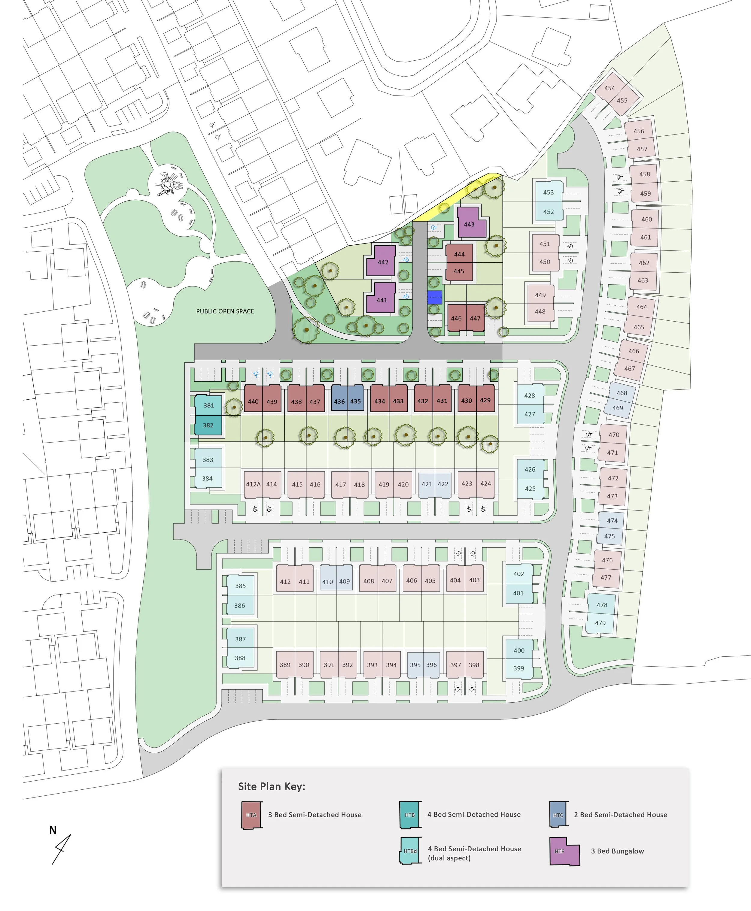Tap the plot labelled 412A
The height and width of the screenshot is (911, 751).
pyautogui.click(x=253, y=484)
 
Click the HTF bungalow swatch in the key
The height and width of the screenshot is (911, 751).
pyautogui.click(x=564, y=851)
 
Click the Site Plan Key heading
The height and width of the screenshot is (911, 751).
pyautogui.click(x=272, y=786)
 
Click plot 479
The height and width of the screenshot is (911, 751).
pyautogui.click(x=600, y=623)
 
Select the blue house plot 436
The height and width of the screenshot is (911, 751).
pyautogui.click(x=339, y=401)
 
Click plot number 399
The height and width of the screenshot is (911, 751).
pyautogui.click(x=519, y=668)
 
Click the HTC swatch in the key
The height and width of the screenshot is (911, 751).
pyautogui.click(x=558, y=815)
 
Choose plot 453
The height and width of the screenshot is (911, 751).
pyautogui.click(x=548, y=192)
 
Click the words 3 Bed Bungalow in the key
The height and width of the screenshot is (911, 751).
pyautogui.click(x=617, y=851)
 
